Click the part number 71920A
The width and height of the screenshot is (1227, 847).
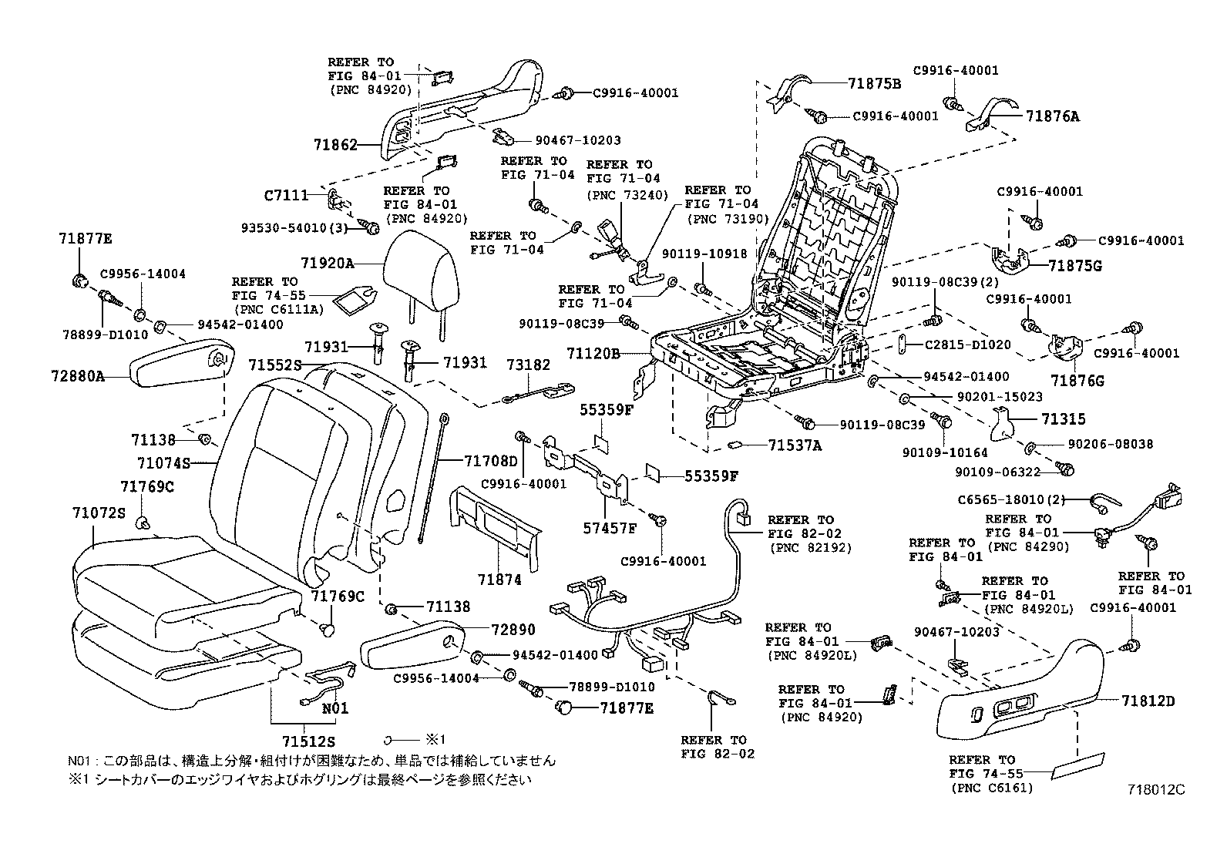point(327,264)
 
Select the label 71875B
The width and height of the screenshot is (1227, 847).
point(875,84)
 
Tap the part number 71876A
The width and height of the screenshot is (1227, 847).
point(1053,117)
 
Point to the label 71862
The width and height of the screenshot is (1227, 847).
point(335,144)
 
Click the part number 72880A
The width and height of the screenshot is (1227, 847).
point(79,377)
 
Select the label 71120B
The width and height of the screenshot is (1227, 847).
point(593,354)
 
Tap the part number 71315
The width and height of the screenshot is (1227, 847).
point(1064,419)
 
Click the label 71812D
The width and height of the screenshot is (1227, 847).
point(1148,701)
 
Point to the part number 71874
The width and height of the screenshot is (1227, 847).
point(499,580)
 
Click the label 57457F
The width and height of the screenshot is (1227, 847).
point(610,528)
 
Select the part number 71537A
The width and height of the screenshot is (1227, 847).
point(795,445)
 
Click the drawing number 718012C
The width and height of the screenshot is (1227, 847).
point(1155,789)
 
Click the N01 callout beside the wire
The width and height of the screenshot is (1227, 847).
point(334,708)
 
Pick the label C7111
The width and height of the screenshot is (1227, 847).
point(286,196)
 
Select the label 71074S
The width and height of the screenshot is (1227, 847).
point(163,463)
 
